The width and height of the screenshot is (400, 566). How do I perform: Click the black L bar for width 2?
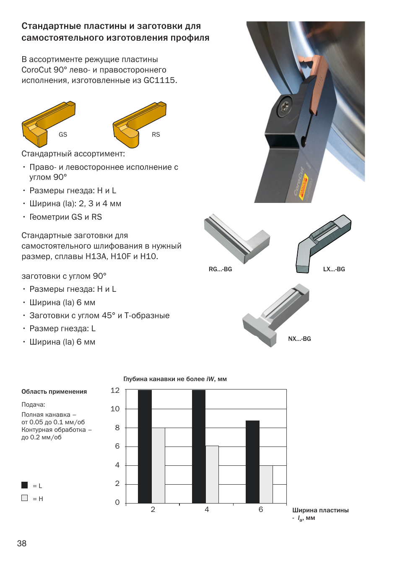point(145,447)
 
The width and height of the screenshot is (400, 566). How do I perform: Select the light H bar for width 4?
point(212,474)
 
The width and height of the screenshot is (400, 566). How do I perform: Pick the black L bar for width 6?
point(252,462)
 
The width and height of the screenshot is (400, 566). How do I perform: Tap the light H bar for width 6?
point(266,484)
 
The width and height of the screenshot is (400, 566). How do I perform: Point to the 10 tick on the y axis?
point(115,409)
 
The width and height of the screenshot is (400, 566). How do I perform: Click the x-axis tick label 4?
point(207,509)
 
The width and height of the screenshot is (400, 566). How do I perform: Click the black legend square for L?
point(25,485)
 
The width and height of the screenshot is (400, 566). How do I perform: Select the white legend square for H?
point(25,498)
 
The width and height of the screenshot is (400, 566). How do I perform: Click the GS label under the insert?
point(63,135)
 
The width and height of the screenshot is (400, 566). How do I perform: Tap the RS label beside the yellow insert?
point(156,135)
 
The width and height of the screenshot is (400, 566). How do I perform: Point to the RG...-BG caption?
point(220,269)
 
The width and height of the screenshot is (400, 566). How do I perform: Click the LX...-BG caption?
point(334,269)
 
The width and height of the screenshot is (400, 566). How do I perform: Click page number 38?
point(22,543)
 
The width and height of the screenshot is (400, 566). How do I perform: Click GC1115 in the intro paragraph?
point(159,80)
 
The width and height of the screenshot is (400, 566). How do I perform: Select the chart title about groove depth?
point(175,379)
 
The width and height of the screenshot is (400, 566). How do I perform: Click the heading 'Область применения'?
point(54,392)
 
